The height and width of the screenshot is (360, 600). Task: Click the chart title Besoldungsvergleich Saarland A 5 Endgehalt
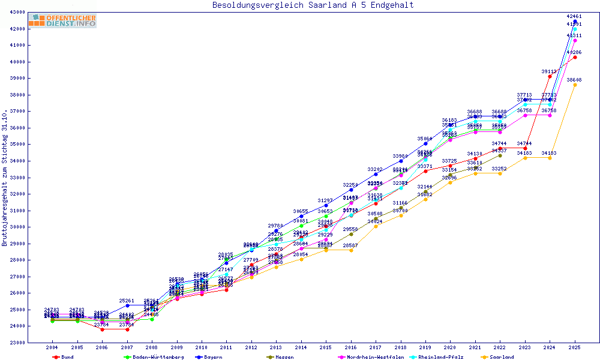313,5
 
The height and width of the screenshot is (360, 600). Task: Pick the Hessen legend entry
284,357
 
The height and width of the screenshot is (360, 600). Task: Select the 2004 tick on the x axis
52,347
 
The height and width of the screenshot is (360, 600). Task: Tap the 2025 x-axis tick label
575,347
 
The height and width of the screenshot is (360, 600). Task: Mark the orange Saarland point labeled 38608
575,85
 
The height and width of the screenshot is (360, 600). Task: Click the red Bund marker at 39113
550,76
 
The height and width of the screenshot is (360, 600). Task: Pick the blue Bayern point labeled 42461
575,22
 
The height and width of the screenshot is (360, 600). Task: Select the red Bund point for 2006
102,329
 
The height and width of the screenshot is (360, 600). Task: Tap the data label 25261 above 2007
127,301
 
